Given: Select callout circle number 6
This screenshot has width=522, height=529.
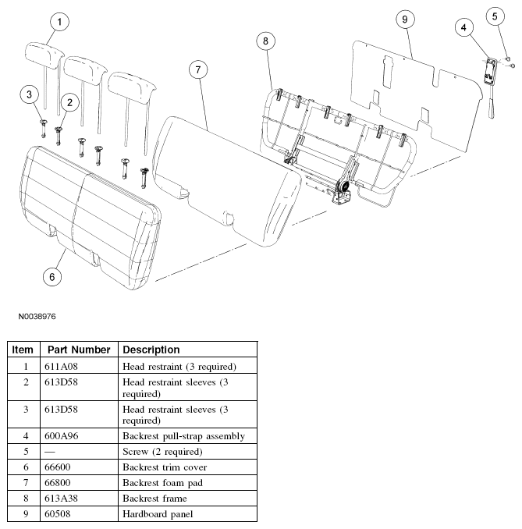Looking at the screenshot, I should [52, 275].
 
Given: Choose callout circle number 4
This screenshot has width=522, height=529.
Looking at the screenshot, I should [463, 28].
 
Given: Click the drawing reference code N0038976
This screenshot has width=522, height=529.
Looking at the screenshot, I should [37, 318].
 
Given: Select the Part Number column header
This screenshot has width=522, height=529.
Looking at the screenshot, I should [78, 350].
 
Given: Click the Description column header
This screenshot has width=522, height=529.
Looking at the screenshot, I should [151, 350].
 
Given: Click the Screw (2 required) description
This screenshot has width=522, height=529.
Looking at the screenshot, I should [162, 451].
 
